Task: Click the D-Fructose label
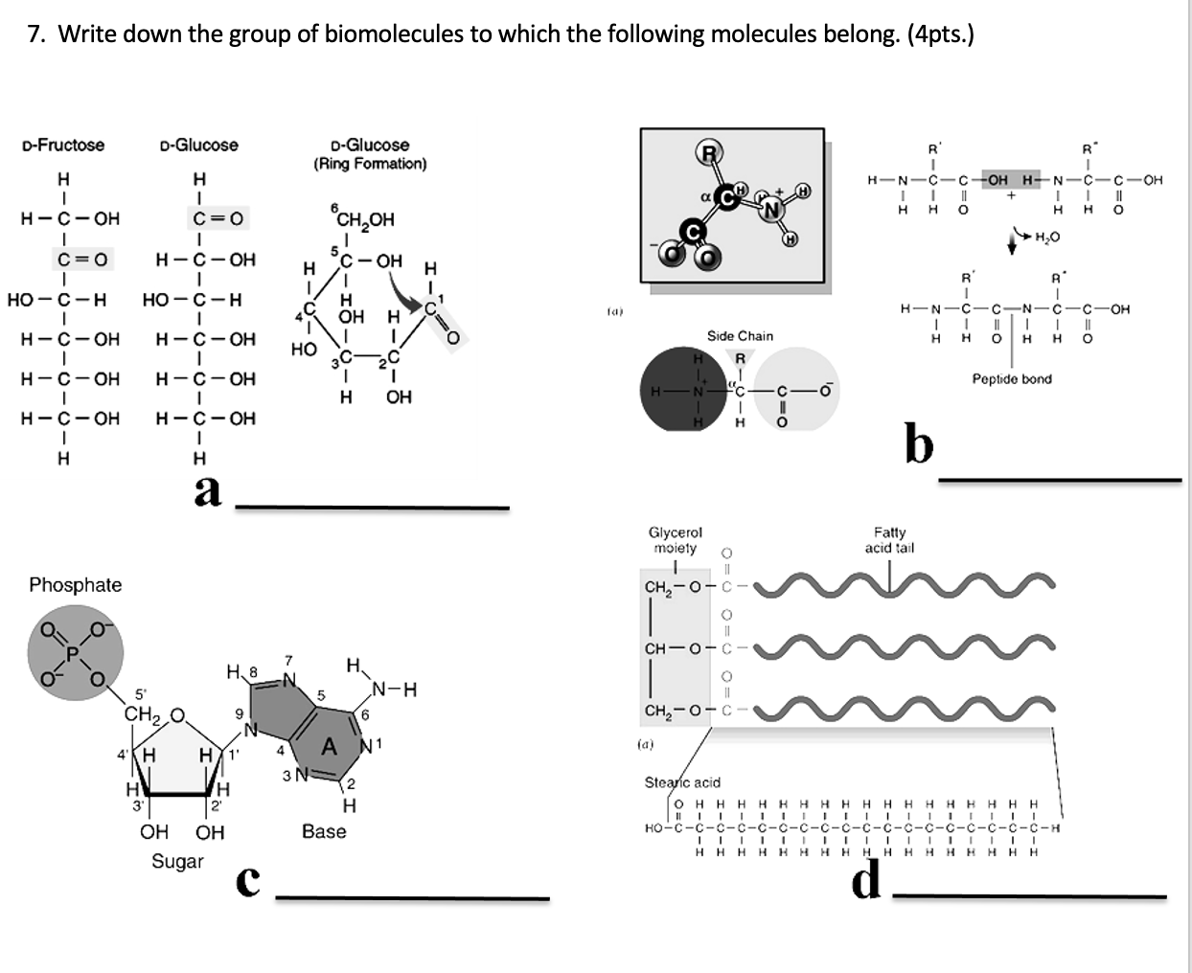point(63,145)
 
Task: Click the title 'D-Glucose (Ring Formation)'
point(370,153)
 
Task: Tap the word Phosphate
point(76,584)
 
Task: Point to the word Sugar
point(177,861)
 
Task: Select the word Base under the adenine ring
point(324,831)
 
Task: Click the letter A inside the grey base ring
point(329,747)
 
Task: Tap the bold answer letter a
point(207,490)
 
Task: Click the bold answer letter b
point(918,443)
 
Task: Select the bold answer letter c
point(247,883)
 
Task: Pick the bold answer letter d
point(866,879)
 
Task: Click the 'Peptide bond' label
point(1012,379)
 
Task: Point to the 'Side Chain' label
point(740,336)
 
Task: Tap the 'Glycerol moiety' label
point(676,539)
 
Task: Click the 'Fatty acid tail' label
point(889,539)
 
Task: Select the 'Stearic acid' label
point(682,782)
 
